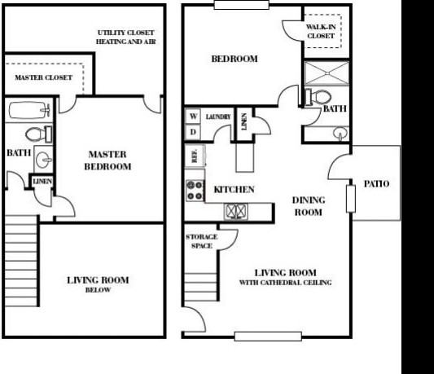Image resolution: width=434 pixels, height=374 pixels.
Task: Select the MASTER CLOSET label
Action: coord(43,78)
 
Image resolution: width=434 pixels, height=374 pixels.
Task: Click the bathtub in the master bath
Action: coord(30,109)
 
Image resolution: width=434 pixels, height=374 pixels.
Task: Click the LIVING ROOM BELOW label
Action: coord(98,284)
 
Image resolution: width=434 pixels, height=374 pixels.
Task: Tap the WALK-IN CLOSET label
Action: coord(320,32)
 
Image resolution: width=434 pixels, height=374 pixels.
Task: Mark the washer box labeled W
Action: coord(193,117)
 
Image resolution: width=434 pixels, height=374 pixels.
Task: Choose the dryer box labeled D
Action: coord(193,131)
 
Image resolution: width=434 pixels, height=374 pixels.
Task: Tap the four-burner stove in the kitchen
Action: coord(195,190)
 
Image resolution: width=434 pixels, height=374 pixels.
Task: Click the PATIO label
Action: coord(375,183)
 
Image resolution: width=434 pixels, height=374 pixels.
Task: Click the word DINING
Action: coord(309,200)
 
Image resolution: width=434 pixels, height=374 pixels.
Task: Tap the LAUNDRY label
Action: coord(217,117)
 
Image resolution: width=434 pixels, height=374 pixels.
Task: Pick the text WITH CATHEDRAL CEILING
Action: coord(284,283)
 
